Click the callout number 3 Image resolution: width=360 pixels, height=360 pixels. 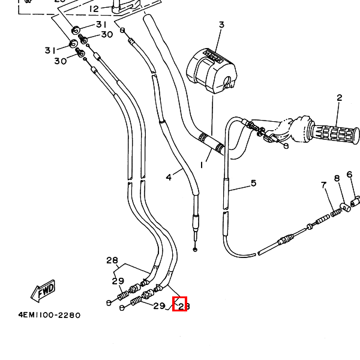pyautogui.click(x=221, y=25)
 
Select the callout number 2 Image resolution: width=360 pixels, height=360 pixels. pyautogui.click(x=339, y=98)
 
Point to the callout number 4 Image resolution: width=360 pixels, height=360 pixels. pyautogui.click(x=169, y=177)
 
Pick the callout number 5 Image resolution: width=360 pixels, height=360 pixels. pyautogui.click(x=253, y=183)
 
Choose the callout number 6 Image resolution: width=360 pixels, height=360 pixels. pyautogui.click(x=349, y=175)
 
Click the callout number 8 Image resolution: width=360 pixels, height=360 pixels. pyautogui.click(x=337, y=178)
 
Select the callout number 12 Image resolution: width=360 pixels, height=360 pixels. pyautogui.click(x=94, y=9)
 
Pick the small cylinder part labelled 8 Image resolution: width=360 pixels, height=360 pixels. pyautogui.click(x=344, y=208)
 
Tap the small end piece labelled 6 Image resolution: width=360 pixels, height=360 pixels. pyautogui.click(x=355, y=200)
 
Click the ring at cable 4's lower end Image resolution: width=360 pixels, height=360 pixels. pyautogui.click(x=196, y=248)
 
